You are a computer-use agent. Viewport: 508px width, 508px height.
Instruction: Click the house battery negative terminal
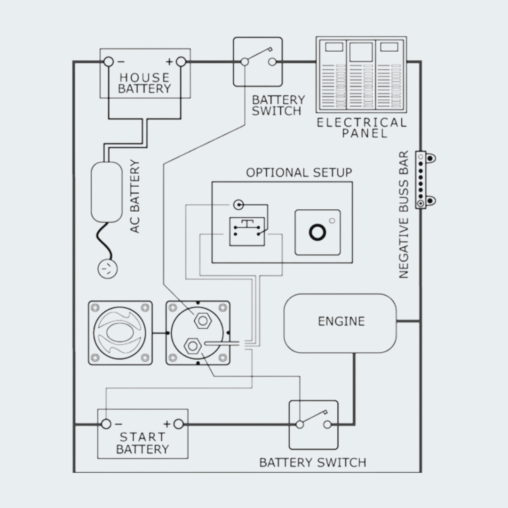tap(109, 62)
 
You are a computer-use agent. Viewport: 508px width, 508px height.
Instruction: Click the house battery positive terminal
tap(181, 62)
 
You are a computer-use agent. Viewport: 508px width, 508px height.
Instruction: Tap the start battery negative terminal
tap(106, 424)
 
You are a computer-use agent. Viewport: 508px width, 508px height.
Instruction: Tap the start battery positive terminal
tap(179, 424)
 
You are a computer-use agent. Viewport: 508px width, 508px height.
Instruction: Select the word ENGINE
tap(341, 321)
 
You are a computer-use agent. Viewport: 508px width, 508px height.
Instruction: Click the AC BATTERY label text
tap(135, 196)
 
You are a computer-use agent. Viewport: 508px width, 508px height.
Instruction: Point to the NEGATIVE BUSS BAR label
tap(404, 214)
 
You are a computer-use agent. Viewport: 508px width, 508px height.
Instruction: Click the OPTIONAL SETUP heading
tap(299, 172)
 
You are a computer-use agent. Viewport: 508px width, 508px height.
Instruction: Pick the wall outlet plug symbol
tap(108, 269)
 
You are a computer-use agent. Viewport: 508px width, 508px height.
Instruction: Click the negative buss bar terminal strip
tap(421, 180)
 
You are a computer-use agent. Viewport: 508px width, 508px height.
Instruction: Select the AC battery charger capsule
tap(107, 192)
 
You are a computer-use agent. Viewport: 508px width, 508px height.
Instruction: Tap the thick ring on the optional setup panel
tap(317, 232)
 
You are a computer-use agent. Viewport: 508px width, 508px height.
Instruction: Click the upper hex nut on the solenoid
tap(203, 321)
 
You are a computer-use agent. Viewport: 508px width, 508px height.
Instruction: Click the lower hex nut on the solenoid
tap(193, 346)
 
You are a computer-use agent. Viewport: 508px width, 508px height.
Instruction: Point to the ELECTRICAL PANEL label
tap(362, 127)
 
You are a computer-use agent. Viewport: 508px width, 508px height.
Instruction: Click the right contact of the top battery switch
tap(272, 62)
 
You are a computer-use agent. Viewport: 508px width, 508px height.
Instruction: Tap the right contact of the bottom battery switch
tap(327, 424)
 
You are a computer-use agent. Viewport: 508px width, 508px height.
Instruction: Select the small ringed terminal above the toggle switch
tap(239, 205)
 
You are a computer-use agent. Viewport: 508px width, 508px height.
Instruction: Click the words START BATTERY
tap(143, 443)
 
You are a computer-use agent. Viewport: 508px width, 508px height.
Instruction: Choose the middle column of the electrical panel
tap(361, 74)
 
